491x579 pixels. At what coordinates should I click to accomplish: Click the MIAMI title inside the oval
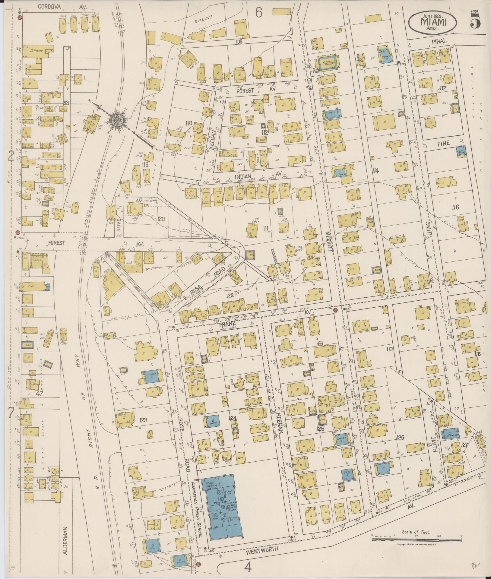click(x=433, y=22)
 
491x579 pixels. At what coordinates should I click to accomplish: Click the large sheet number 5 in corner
click(x=475, y=21)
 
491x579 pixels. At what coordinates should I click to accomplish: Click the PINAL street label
click(x=441, y=41)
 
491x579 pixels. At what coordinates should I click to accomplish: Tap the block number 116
click(x=455, y=207)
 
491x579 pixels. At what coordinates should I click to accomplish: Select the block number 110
click(x=189, y=123)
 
